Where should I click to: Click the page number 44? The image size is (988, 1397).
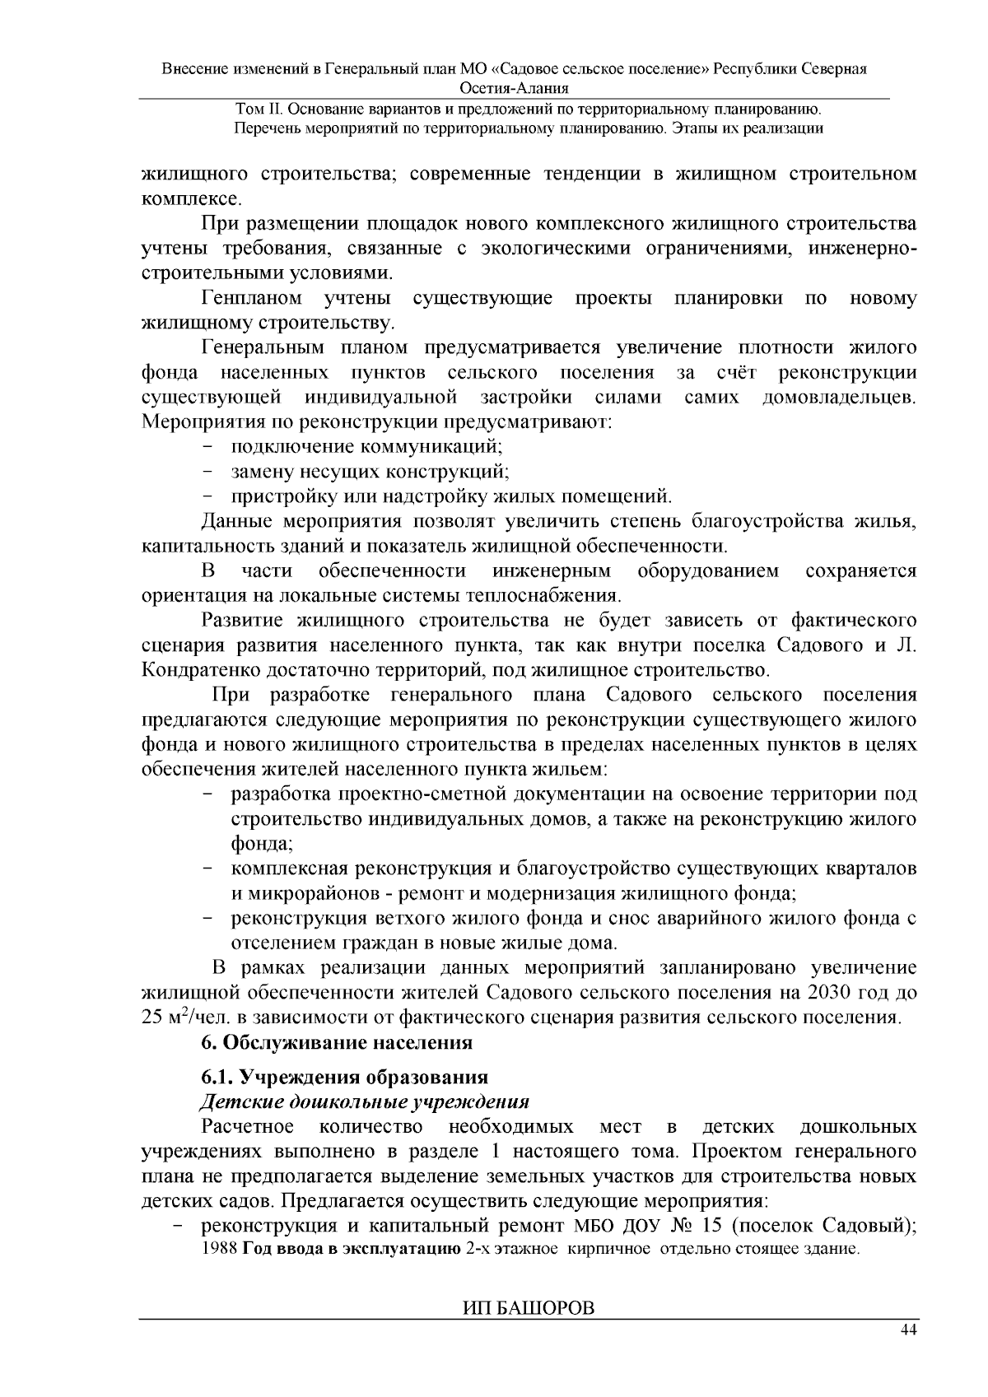[x=908, y=1330]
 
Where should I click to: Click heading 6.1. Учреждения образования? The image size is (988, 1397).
[x=345, y=1077]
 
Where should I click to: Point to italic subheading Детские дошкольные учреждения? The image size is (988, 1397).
[x=365, y=1101]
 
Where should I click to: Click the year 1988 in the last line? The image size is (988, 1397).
[x=218, y=1250]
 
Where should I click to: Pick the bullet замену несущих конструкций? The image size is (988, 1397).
[x=370, y=472]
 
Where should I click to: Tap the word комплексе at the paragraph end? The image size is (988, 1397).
[x=191, y=198]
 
